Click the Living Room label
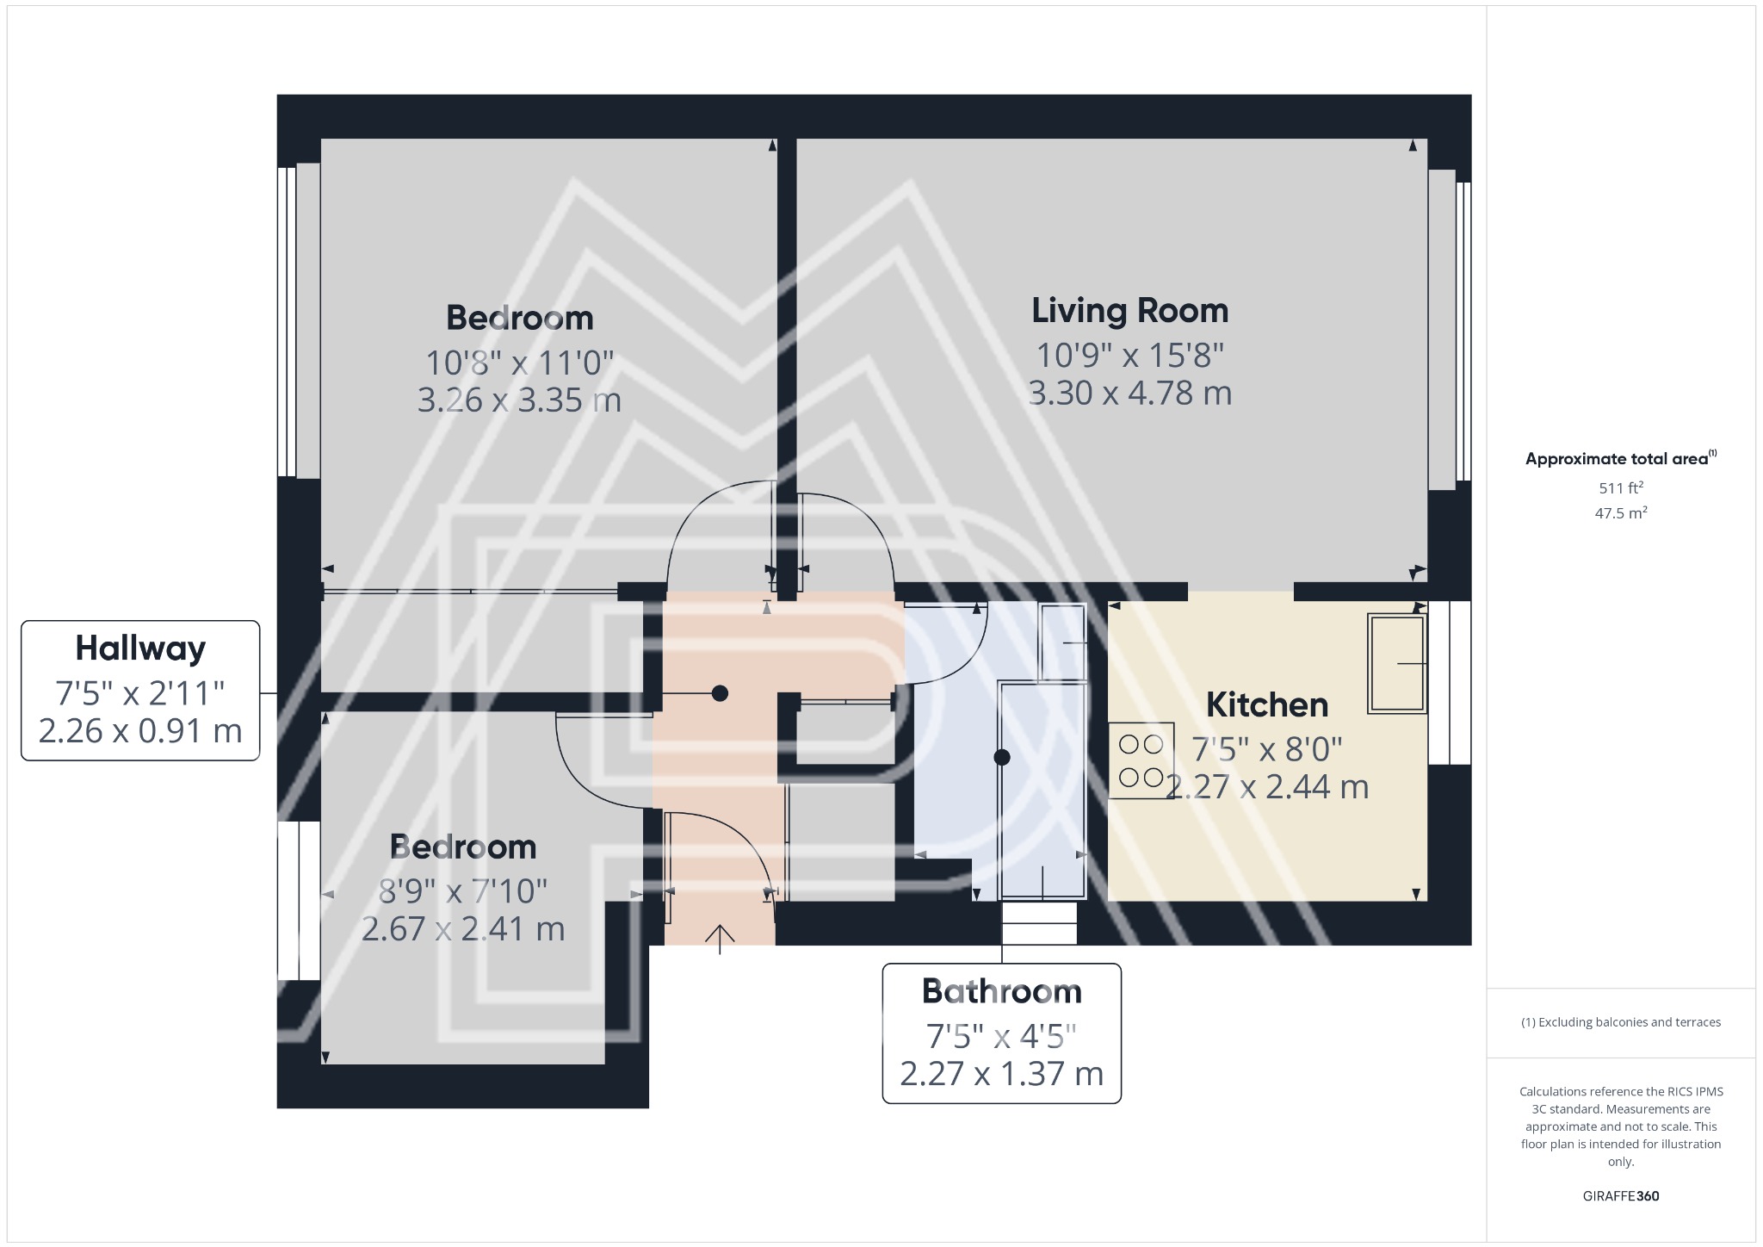point(1129,311)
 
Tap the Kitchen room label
point(1266,704)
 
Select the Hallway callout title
point(140,648)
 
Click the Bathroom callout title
point(1001,991)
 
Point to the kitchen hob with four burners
point(1141,760)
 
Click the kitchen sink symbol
point(1396,663)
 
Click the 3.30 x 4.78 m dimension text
point(1129,394)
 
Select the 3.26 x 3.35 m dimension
point(519,400)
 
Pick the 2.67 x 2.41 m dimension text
point(463,929)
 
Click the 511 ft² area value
point(1620,487)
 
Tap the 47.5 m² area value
point(1620,513)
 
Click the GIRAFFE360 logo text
point(1620,1195)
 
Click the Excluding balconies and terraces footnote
point(1620,1022)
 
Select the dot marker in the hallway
point(720,693)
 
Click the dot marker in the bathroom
point(1001,758)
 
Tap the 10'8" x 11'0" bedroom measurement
point(519,363)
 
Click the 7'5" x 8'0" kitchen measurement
point(1266,749)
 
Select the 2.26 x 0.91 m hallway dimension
point(140,731)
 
